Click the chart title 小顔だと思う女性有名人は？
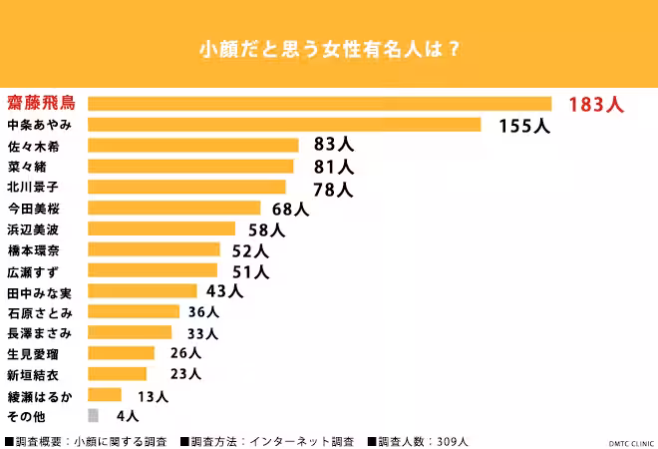click(x=329, y=48)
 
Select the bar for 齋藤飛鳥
click(x=319, y=104)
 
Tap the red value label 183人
click(x=595, y=105)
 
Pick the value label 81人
click(x=333, y=167)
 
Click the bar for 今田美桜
click(x=174, y=209)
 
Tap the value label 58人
click(x=266, y=229)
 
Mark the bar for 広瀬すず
click(x=153, y=270)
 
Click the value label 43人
click(x=224, y=291)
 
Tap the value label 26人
click(x=184, y=353)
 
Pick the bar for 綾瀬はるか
click(x=105, y=395)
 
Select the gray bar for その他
click(x=93, y=415)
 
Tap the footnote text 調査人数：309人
click(x=419, y=441)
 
